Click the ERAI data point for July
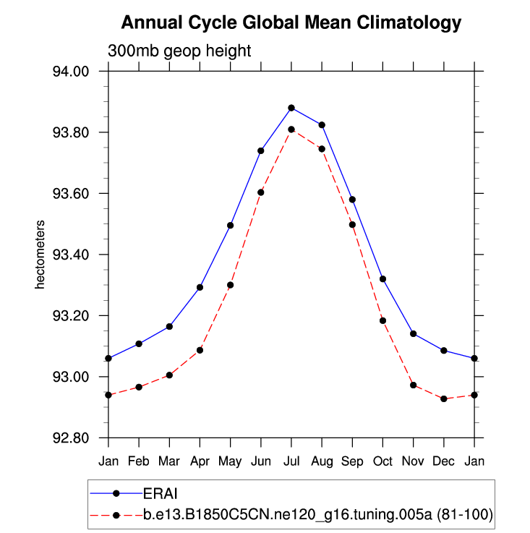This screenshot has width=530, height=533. [x=291, y=108]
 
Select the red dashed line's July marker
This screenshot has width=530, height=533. [x=291, y=129]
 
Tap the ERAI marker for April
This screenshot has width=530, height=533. [x=200, y=287]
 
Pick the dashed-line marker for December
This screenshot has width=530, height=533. [x=444, y=399]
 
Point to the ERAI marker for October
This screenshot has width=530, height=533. [x=382, y=279]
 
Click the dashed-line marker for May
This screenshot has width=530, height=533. [x=230, y=285]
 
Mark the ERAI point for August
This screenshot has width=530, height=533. [x=322, y=125]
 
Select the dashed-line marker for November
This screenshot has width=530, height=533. [x=414, y=385]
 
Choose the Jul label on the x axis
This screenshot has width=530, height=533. [x=291, y=461]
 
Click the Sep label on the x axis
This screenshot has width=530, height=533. [x=352, y=461]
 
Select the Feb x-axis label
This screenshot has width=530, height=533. [x=139, y=461]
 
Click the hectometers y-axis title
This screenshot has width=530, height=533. [x=41, y=255]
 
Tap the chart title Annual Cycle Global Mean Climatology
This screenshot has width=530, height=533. [x=291, y=23]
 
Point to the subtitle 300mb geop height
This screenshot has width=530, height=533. [x=179, y=51]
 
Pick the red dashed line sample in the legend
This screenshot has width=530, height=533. [x=116, y=514]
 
